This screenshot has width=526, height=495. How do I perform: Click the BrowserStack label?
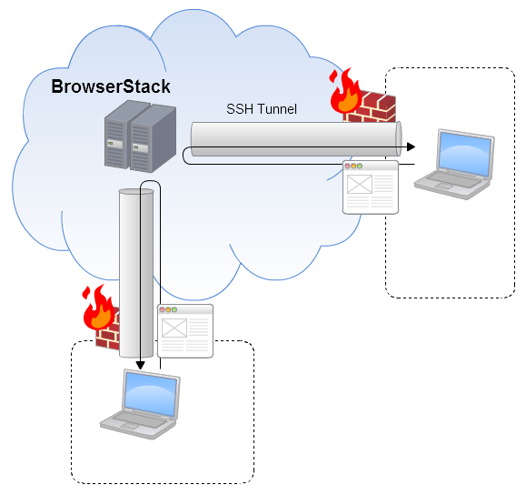point(111,86)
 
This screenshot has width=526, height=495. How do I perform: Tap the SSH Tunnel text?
point(262,109)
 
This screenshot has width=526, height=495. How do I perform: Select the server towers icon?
point(140,136)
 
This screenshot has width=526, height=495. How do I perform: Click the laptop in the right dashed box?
point(454,165)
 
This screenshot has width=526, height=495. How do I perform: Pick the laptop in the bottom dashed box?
point(140,404)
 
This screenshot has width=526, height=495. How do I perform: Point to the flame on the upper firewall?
point(345,91)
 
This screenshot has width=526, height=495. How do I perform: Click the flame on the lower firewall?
point(98,308)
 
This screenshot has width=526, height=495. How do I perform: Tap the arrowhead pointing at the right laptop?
point(411,146)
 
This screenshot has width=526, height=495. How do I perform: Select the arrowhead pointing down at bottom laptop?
point(140,365)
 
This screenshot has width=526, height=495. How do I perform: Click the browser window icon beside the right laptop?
point(371,187)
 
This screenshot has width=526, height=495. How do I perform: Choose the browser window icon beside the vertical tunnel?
point(185,331)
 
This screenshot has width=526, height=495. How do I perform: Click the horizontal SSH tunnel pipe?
point(296,139)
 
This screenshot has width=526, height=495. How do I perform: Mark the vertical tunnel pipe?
point(136,273)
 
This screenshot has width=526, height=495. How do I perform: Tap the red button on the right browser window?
point(348,166)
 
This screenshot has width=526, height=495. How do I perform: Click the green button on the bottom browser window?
point(174,309)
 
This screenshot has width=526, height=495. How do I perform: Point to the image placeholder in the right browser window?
point(360,184)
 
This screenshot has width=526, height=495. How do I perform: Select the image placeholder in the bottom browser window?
point(174,328)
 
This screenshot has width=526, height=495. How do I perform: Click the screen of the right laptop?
point(465,154)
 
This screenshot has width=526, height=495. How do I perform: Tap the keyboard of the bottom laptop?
point(140,419)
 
